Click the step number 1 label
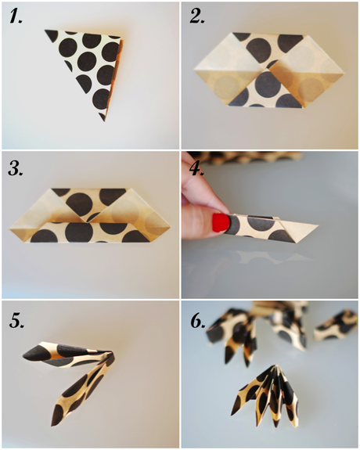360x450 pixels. (16, 18)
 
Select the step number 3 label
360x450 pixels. (16, 168)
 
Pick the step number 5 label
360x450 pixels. (16, 319)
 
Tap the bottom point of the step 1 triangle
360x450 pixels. (103, 120)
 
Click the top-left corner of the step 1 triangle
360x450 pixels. (46, 32)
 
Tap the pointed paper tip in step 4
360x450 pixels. (317, 226)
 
